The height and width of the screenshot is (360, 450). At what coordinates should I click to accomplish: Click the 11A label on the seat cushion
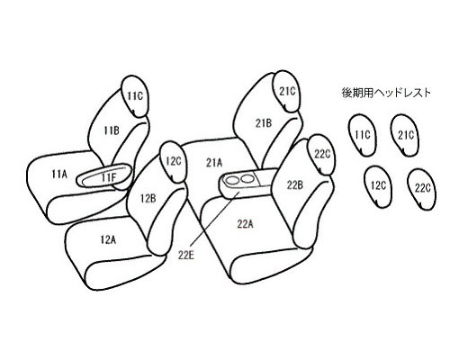point(59,174)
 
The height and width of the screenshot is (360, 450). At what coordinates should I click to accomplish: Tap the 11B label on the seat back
point(112,130)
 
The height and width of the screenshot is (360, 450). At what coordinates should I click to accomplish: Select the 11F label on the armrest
point(108,177)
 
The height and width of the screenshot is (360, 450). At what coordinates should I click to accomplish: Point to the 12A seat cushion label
point(108,239)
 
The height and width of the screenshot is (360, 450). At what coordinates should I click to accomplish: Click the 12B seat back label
point(148,198)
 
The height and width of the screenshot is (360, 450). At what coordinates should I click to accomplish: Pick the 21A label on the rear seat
point(214,163)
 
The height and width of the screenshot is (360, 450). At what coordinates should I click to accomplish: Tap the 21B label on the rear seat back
point(264,123)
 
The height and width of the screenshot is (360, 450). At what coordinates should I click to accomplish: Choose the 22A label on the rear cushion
point(246,224)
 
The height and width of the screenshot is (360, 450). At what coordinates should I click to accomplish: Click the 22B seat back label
point(294,185)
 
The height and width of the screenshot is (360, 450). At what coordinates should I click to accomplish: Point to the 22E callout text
point(186,256)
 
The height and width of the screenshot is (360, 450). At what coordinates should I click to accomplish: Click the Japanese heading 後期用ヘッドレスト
point(386,93)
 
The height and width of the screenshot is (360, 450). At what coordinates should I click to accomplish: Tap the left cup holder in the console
point(233,181)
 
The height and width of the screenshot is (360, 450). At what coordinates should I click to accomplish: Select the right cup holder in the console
point(247,179)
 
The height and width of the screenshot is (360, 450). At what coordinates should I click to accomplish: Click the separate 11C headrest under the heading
point(363,135)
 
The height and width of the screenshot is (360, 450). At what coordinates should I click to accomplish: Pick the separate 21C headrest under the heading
point(405,135)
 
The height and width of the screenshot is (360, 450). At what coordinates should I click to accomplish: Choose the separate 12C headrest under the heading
point(378,186)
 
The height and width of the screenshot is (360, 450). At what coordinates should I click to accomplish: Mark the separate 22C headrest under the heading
point(422,189)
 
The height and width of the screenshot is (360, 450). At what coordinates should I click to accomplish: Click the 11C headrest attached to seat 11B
point(135,96)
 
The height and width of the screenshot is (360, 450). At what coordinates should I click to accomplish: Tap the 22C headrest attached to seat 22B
point(321,155)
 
